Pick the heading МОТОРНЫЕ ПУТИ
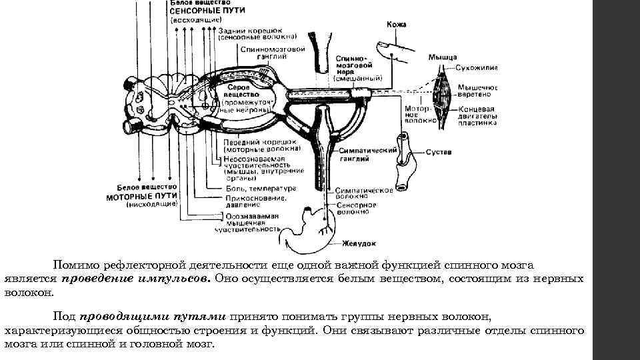click(141, 197)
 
